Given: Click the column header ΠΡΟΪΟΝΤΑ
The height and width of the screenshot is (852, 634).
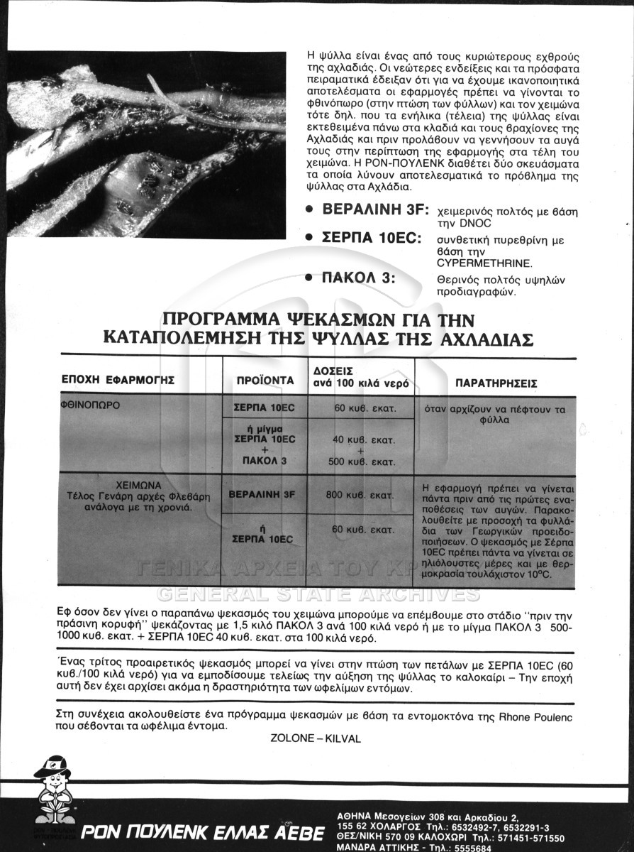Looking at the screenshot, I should [x=265, y=381].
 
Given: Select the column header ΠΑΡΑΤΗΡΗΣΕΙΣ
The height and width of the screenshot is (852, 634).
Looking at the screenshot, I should [x=496, y=383].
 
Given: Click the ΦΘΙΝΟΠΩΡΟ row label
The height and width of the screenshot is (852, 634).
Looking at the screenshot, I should [x=90, y=405].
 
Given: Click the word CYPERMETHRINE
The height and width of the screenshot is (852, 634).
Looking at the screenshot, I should [x=479, y=263].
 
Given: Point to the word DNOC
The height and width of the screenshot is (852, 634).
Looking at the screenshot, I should [x=477, y=223].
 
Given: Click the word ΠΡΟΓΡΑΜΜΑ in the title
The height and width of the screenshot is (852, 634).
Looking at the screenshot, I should [x=231, y=319].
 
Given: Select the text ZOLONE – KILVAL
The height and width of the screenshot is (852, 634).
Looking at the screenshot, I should [x=316, y=738].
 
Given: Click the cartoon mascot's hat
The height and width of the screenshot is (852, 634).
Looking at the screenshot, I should [x=53, y=765].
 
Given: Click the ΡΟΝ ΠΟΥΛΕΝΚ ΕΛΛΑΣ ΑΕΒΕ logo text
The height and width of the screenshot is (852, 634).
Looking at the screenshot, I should [x=202, y=832].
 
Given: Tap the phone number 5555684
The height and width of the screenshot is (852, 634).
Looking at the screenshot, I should [x=469, y=848].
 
